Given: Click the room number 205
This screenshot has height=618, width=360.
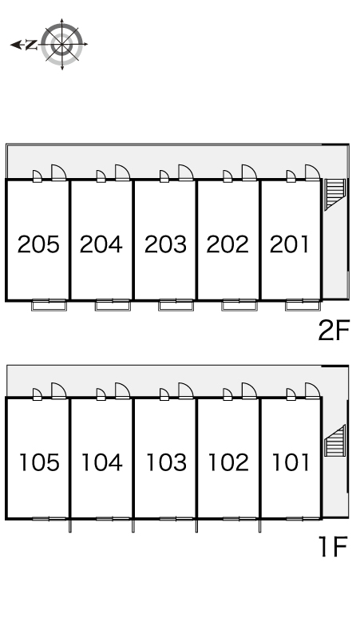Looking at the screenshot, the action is click(38, 244).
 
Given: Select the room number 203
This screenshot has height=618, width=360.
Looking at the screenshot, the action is click(165, 244).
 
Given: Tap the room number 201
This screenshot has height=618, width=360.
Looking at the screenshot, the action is click(290, 244).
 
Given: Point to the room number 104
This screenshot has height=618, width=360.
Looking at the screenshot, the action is click(101, 462).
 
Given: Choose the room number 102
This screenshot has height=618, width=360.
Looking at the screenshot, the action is click(228, 462).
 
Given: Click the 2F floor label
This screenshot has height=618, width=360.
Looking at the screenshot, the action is click(334, 330).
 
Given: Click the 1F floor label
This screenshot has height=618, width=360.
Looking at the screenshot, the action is click(333, 547).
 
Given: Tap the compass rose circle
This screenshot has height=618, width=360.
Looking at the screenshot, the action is click(62, 44).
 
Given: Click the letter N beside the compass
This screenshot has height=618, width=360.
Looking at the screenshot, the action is click(31, 45).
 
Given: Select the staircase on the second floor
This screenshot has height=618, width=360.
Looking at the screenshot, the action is click(335, 194).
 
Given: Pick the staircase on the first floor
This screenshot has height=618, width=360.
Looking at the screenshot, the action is click(335, 441).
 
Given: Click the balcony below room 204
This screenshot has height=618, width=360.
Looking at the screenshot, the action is click(113, 305).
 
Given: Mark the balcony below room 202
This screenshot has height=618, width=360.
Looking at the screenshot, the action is click(239, 305).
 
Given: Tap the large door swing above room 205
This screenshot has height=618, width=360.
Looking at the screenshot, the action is click(59, 172).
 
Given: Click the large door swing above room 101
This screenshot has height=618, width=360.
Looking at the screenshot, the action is click(312, 391).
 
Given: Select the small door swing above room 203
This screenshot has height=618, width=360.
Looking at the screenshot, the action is click(164, 176).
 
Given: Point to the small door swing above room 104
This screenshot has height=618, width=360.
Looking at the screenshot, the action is click(101, 394).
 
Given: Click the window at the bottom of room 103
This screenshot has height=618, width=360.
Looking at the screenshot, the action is click(176, 519).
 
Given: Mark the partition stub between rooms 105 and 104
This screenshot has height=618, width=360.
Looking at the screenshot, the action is click(70, 526).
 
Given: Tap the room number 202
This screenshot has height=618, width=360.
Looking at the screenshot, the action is click(227, 244).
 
